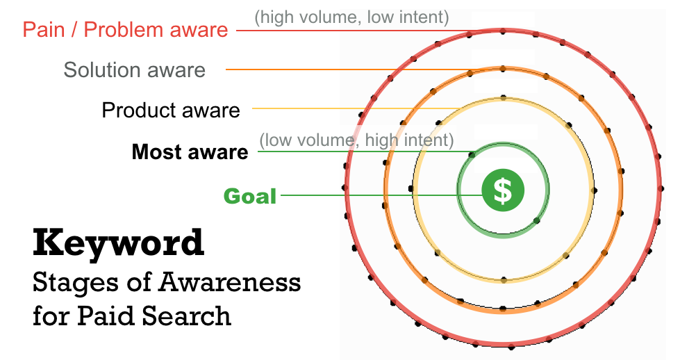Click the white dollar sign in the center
click(502, 190)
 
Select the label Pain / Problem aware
click(125, 30)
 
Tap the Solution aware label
click(135, 69)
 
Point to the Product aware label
click(170, 110)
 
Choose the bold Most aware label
click(190, 152)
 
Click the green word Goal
click(250, 196)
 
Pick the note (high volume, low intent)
click(351, 16)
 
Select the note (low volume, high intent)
click(356, 140)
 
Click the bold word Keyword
click(119, 243)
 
